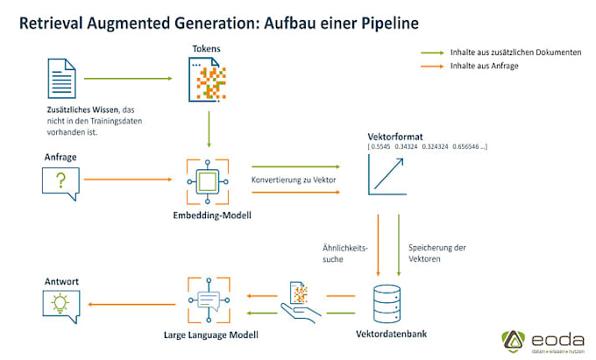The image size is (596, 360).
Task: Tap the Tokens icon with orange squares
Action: [x=209, y=78]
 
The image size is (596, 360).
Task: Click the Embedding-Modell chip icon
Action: [x=209, y=181]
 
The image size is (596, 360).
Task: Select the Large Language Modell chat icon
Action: [x=209, y=300]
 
